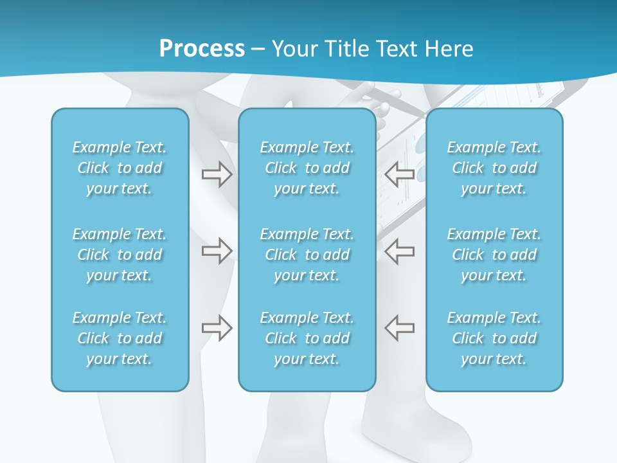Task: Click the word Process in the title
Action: click(202, 49)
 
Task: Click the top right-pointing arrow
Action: click(217, 174)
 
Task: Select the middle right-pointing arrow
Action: click(217, 251)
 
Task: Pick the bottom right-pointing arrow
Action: click(217, 328)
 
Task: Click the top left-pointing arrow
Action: click(400, 174)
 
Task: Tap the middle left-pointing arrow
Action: click(400, 251)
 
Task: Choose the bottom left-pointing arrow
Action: click(400, 328)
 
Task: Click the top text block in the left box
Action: click(120, 168)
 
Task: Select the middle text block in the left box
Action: click(120, 255)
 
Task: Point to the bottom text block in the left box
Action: click(120, 338)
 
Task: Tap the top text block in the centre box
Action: click(307, 168)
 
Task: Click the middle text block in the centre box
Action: click(307, 255)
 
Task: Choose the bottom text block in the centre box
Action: click(307, 338)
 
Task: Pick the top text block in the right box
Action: click(494, 168)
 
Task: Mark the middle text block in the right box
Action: click(494, 255)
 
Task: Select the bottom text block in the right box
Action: click(494, 338)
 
